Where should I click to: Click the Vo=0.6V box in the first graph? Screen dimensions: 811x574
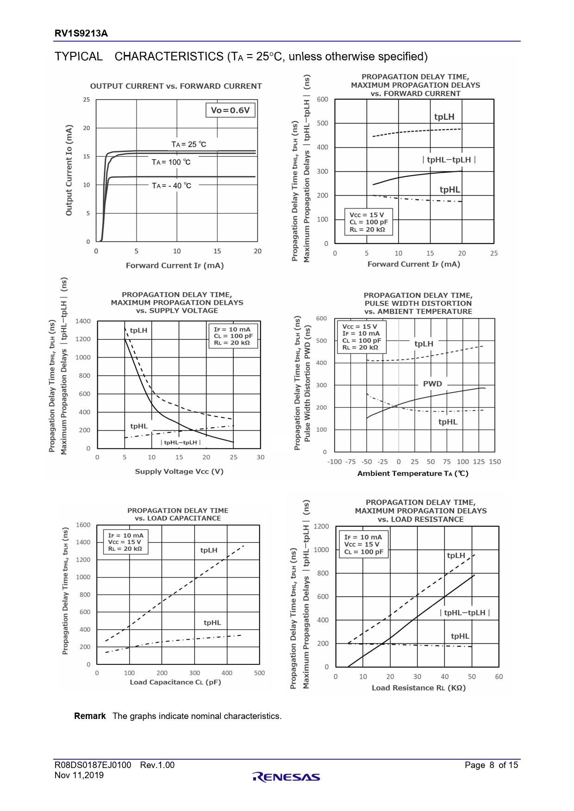(x=230, y=110)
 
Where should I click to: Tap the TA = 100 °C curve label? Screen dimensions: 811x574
(x=171, y=162)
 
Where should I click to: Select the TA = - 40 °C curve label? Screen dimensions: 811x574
(x=171, y=185)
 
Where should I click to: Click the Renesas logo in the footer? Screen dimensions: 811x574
(x=287, y=777)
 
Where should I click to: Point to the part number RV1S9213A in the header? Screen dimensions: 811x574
(x=81, y=33)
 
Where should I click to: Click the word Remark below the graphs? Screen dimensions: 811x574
(x=90, y=716)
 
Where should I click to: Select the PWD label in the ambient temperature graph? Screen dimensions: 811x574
(x=432, y=384)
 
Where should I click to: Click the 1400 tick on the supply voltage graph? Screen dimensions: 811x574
(x=83, y=321)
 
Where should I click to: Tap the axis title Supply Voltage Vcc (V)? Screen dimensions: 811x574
(x=179, y=471)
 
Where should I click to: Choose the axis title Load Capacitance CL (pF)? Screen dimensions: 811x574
(x=175, y=682)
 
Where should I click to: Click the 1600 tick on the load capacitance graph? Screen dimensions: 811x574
(x=83, y=525)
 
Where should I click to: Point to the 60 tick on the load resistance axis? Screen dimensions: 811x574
(x=499, y=676)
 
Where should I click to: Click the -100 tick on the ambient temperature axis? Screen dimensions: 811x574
(x=334, y=461)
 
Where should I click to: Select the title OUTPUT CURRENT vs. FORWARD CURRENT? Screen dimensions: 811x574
(x=176, y=86)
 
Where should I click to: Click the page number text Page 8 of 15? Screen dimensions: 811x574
(x=491, y=765)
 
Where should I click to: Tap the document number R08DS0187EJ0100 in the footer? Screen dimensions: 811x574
(x=93, y=765)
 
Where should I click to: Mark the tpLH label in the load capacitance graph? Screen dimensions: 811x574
(x=209, y=550)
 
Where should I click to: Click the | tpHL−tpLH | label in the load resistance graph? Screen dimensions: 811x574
(x=465, y=613)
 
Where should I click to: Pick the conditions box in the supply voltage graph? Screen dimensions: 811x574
(x=233, y=336)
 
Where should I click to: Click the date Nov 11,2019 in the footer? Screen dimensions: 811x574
(x=79, y=775)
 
